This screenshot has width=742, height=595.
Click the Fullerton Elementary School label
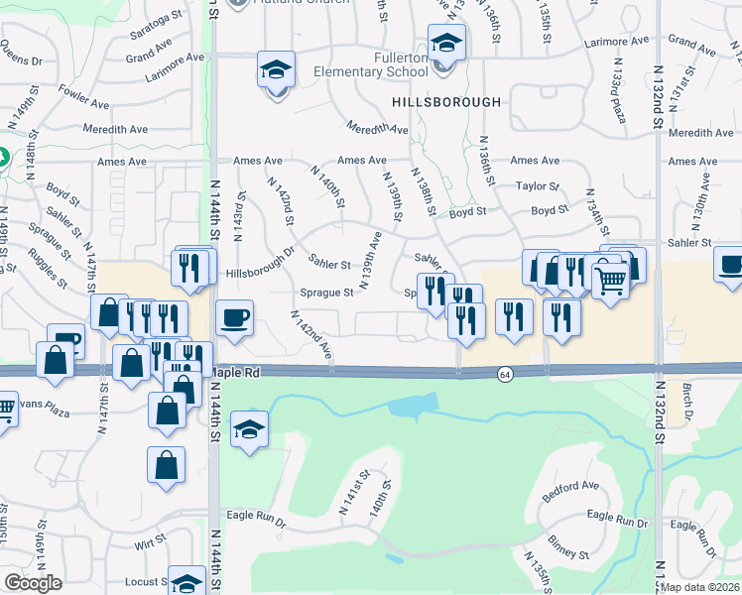click(x=371, y=65)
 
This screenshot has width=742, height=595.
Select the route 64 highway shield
click(x=506, y=373)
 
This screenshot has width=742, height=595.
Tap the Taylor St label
click(x=538, y=185)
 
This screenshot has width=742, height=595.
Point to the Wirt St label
click(x=150, y=544)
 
